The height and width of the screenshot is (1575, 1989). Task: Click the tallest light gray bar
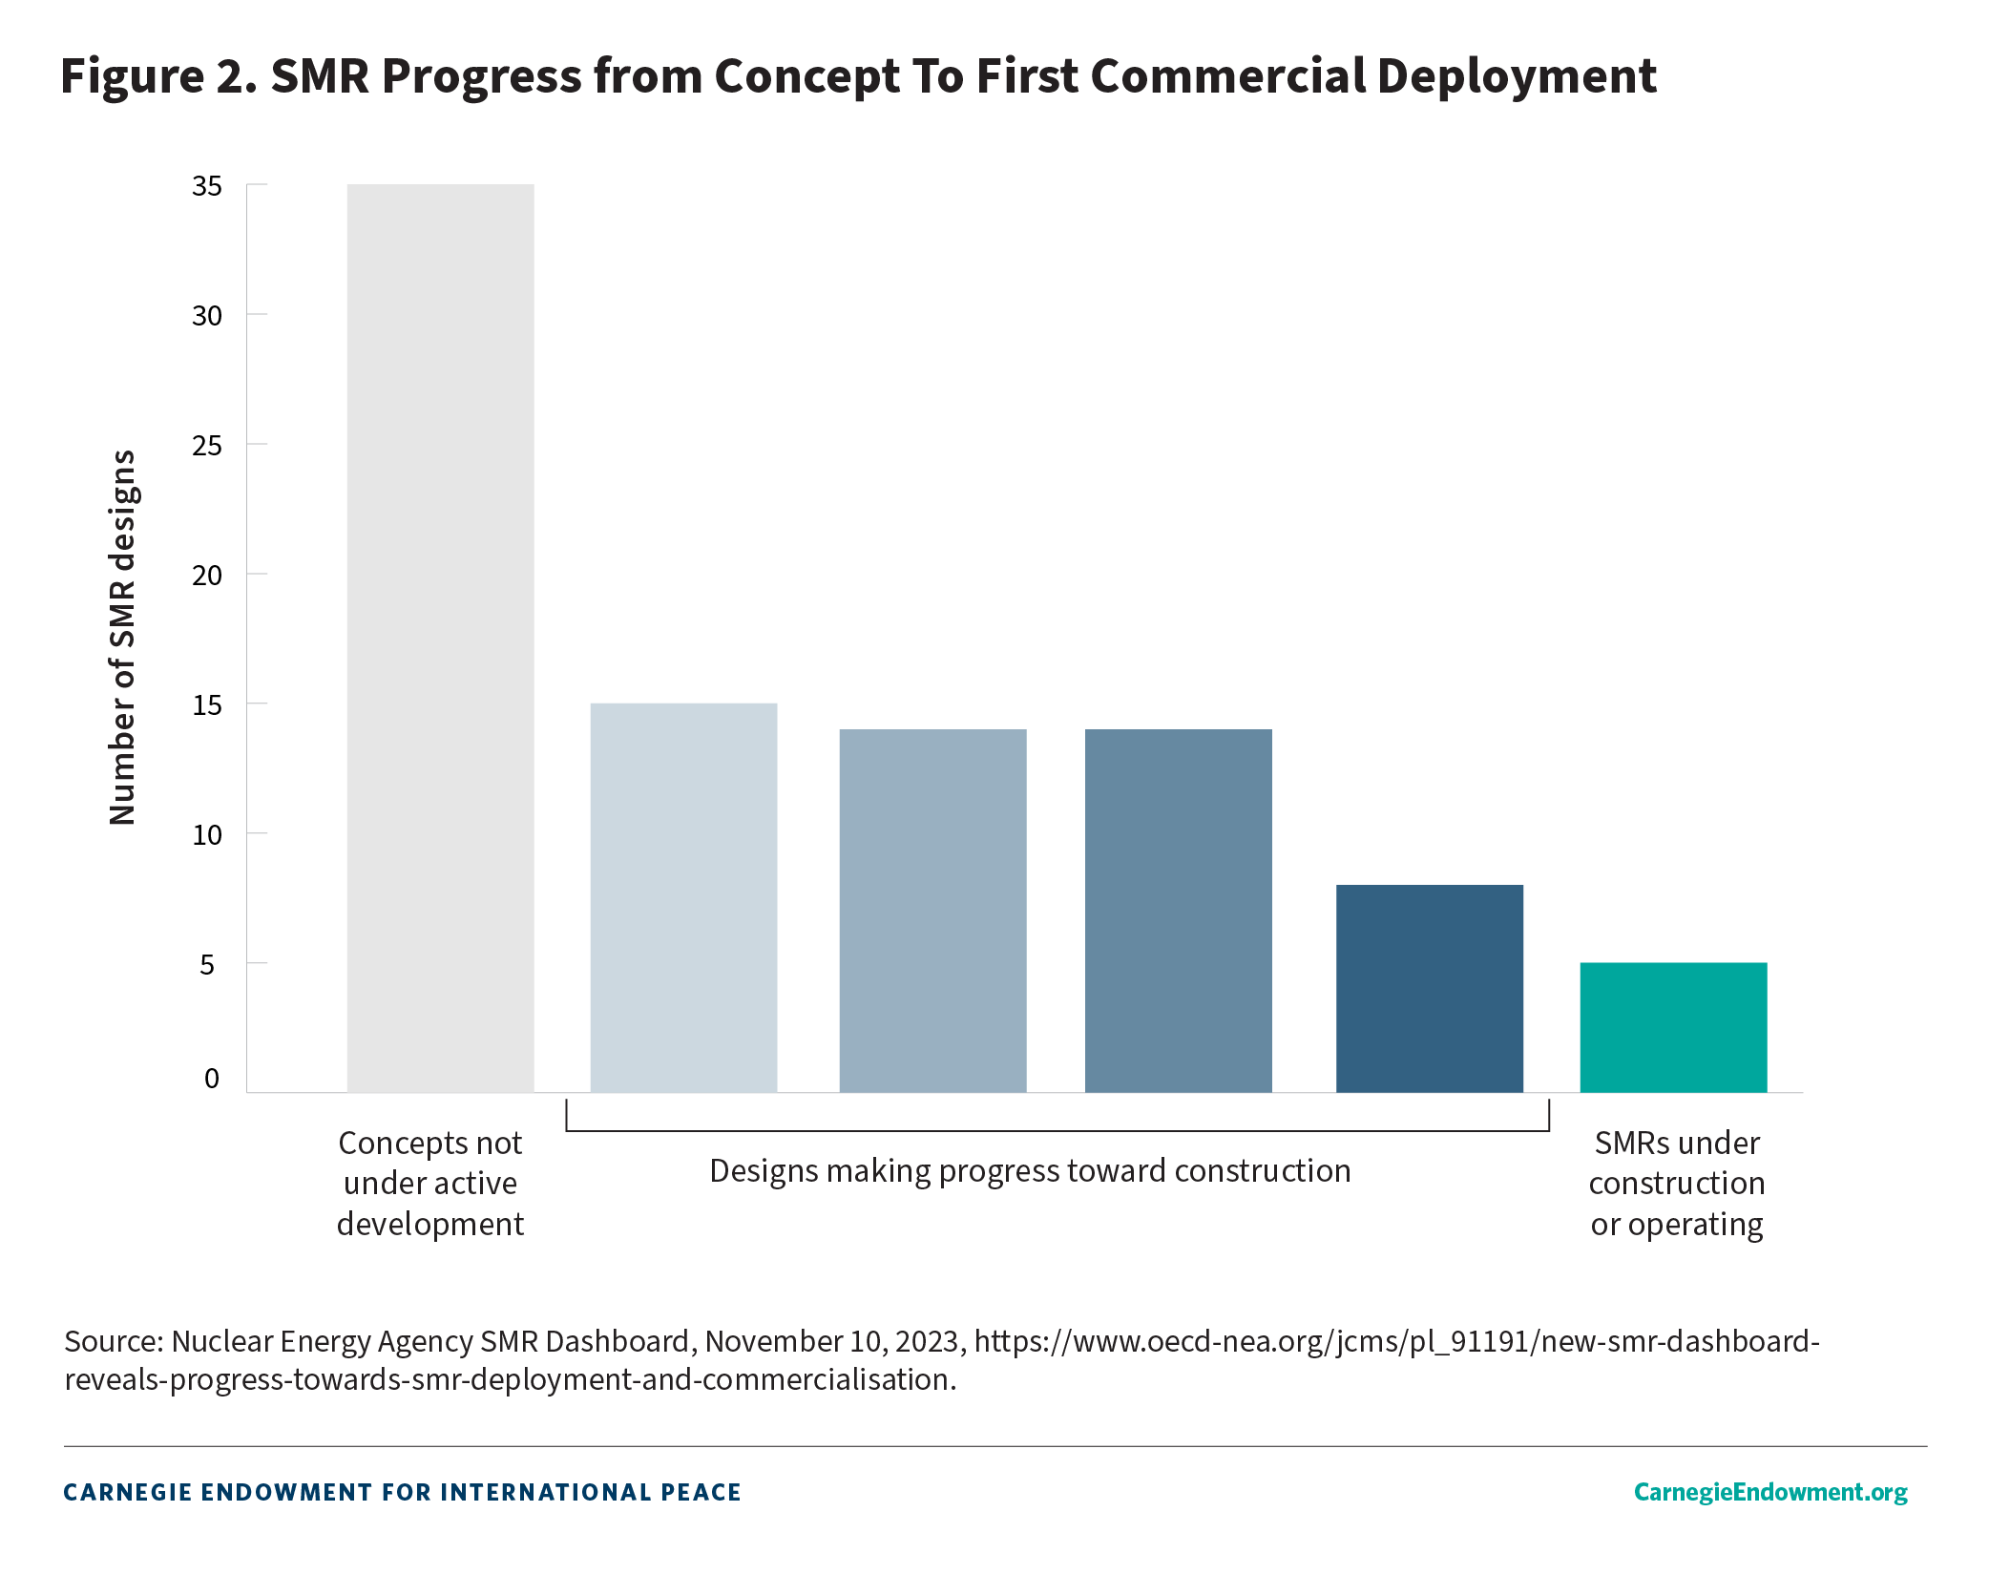(x=440, y=638)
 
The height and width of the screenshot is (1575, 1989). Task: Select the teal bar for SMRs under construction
(x=1673, y=1027)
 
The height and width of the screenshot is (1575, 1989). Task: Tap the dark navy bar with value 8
(x=1429, y=988)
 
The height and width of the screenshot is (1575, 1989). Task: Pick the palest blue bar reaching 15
(x=683, y=897)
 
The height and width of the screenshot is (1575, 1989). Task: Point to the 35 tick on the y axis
(x=207, y=186)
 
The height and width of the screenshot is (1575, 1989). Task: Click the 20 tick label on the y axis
(x=207, y=576)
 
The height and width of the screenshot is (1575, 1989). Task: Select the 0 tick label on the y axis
(x=212, y=1079)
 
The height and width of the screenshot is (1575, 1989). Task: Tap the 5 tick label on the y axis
(x=207, y=965)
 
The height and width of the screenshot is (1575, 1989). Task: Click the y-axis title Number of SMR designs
(x=123, y=638)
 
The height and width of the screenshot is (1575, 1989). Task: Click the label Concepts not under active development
(x=430, y=1184)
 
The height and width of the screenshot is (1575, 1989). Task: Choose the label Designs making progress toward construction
(x=1030, y=1171)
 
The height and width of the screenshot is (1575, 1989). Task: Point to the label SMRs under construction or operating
(x=1676, y=1184)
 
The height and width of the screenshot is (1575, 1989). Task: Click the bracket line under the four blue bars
(x=1057, y=1131)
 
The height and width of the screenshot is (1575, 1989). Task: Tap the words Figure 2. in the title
(x=158, y=76)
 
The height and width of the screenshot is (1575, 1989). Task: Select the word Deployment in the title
(x=1517, y=76)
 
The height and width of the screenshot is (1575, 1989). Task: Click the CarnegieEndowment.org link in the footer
(x=1770, y=1492)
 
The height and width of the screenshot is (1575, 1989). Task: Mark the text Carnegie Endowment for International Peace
(x=402, y=1493)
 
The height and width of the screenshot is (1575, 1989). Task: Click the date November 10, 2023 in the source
(x=831, y=1342)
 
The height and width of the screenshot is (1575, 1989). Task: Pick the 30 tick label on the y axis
(x=207, y=316)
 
